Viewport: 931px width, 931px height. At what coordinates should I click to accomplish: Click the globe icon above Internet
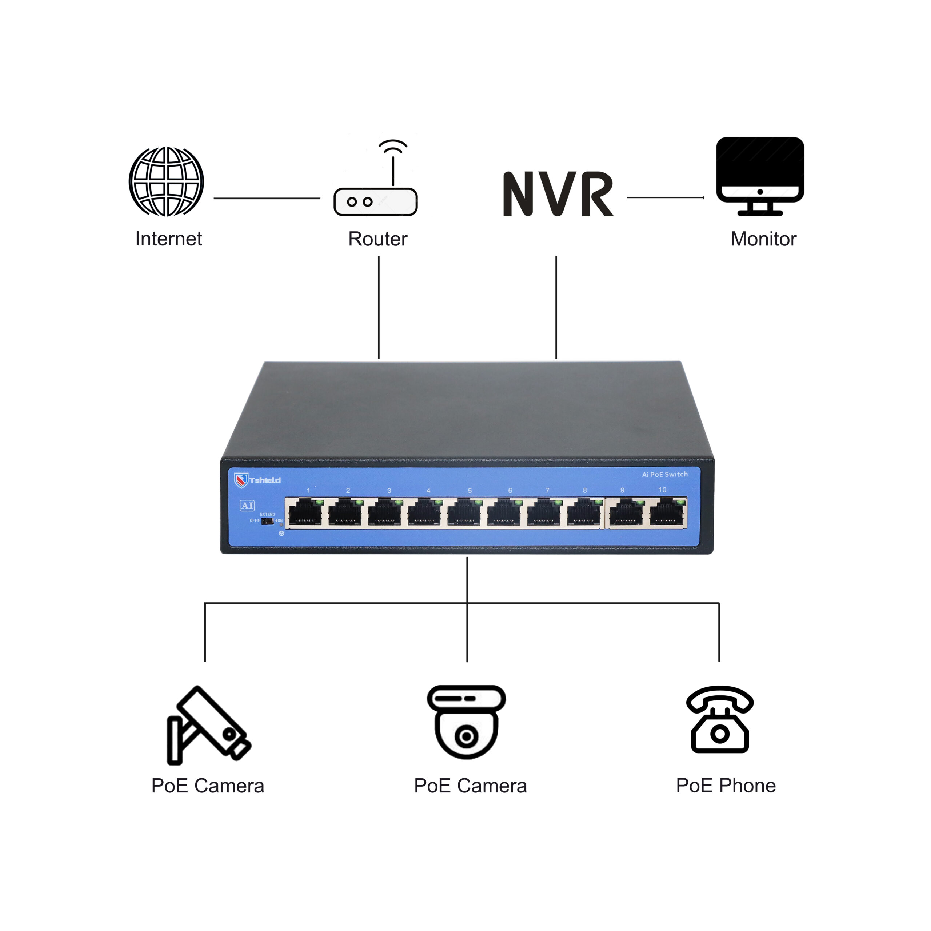pos(166,182)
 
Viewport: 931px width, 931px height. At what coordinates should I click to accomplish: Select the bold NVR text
pos(558,194)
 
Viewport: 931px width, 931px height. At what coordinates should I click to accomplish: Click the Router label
pos(377,239)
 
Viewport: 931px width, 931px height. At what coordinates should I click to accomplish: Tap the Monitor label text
pos(763,239)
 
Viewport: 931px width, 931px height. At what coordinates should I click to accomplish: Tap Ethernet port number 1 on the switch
pos(305,513)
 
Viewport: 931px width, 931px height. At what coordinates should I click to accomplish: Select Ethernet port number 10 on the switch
pos(667,513)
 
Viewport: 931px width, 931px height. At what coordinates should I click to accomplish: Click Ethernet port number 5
pos(464,513)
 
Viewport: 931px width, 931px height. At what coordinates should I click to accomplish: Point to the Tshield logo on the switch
pos(257,480)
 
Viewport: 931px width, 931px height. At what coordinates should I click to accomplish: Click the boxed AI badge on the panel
pos(247,506)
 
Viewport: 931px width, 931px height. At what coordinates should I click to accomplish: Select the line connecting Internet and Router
pos(267,198)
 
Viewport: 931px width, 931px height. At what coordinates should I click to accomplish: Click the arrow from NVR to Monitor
pos(665,197)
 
